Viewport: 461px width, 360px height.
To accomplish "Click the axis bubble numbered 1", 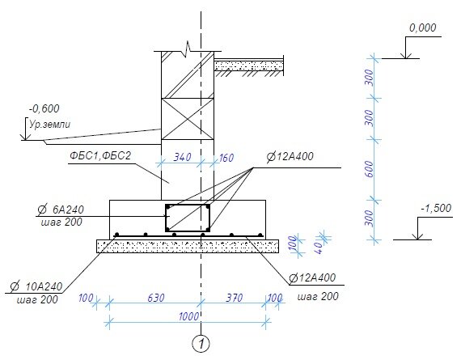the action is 201,343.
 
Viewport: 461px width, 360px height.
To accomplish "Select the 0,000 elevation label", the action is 422,28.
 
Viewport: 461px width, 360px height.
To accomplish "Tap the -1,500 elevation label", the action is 436,208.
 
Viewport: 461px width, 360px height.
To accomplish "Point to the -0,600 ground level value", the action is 44,109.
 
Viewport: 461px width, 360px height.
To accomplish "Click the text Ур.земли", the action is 49,125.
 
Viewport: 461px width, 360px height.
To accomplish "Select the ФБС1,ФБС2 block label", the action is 100,155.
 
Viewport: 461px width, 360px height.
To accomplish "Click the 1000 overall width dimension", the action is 188,316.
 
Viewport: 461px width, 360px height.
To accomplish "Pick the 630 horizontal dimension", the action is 155,298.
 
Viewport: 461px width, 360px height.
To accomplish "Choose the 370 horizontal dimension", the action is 235,298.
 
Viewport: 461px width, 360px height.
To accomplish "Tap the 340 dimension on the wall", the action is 182,158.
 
